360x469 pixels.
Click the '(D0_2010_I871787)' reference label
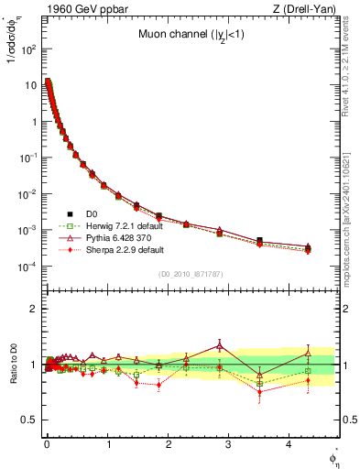click(190, 274)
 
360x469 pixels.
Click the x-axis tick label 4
click(289, 443)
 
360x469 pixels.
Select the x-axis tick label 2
click(168, 443)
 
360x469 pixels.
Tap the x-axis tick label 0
click(46, 443)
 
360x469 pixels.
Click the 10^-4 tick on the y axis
click(27, 267)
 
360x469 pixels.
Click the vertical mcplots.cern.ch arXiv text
click(352, 220)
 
